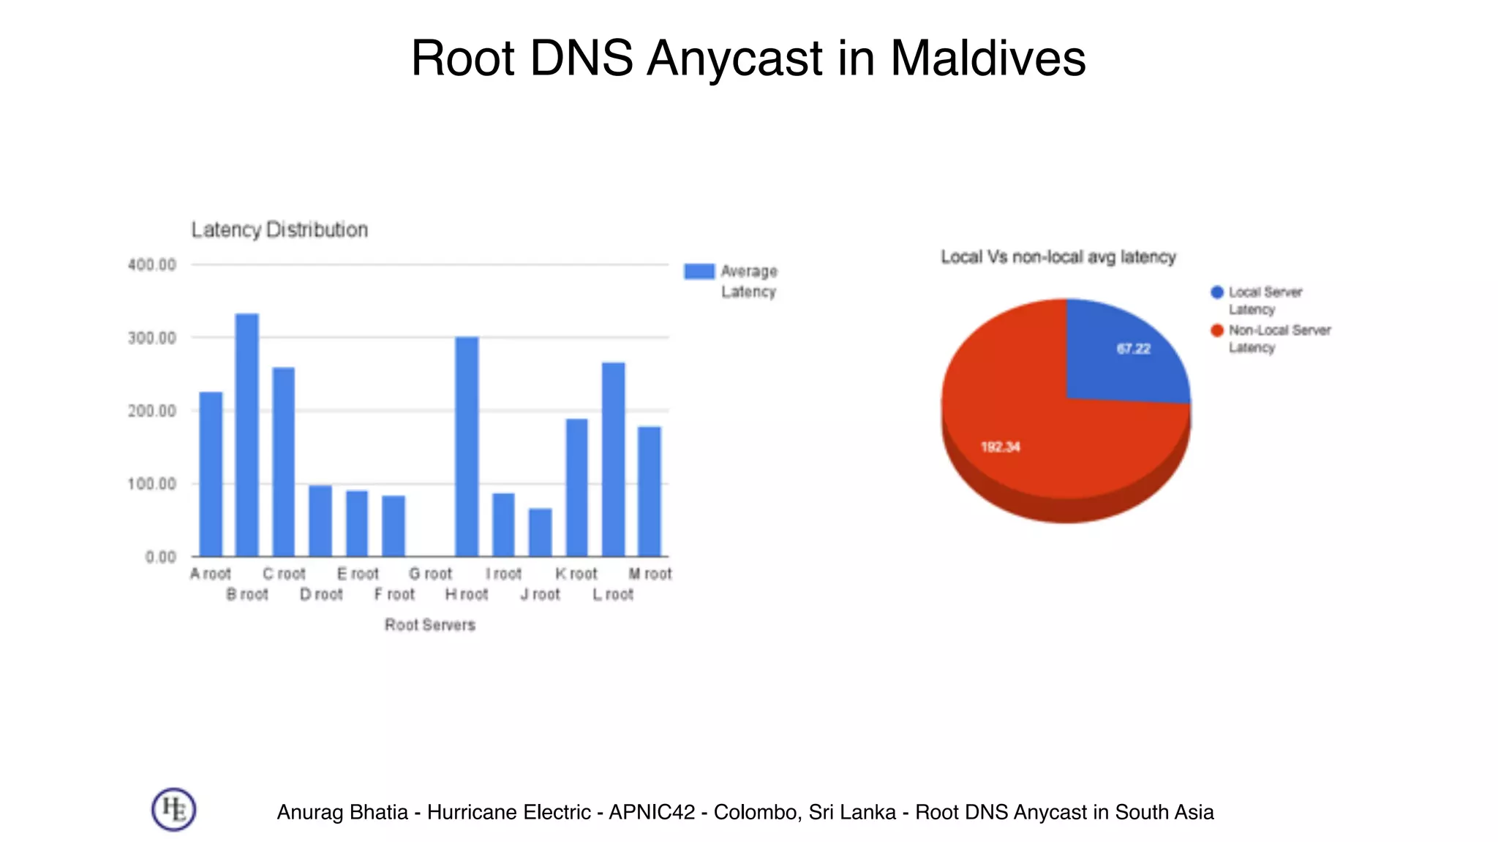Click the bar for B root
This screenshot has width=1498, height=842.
point(246,435)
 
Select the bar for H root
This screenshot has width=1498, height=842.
point(467,447)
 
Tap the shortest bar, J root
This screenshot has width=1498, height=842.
point(540,532)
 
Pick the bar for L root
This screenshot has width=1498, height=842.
point(613,459)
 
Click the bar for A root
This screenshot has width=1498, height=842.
point(211,474)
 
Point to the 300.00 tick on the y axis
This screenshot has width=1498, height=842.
point(152,338)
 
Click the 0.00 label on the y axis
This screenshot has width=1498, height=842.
point(161,558)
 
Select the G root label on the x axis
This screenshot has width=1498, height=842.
point(430,574)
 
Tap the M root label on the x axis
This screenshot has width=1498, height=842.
point(650,574)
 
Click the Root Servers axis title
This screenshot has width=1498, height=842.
point(430,625)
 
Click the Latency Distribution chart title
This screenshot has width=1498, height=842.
point(279,230)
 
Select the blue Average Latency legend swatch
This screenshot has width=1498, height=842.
point(699,271)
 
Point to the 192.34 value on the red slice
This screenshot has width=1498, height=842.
point(1000,447)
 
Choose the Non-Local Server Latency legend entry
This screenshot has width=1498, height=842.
point(1279,338)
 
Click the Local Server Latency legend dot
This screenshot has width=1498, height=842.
point(1217,292)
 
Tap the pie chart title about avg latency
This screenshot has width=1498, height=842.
point(1058,257)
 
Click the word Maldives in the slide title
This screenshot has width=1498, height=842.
point(987,58)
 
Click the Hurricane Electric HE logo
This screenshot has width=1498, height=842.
point(173,809)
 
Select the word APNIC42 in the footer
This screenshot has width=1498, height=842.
point(651,812)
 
